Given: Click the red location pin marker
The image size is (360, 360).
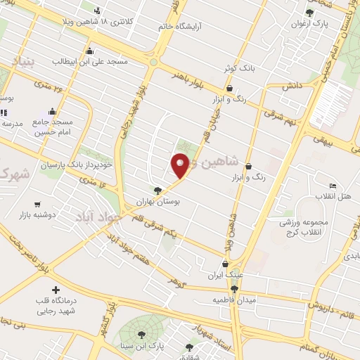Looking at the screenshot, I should (180, 165).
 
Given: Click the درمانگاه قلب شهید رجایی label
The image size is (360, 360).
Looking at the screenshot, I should (56, 306).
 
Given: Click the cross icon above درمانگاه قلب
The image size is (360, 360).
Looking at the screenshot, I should (56, 290).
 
